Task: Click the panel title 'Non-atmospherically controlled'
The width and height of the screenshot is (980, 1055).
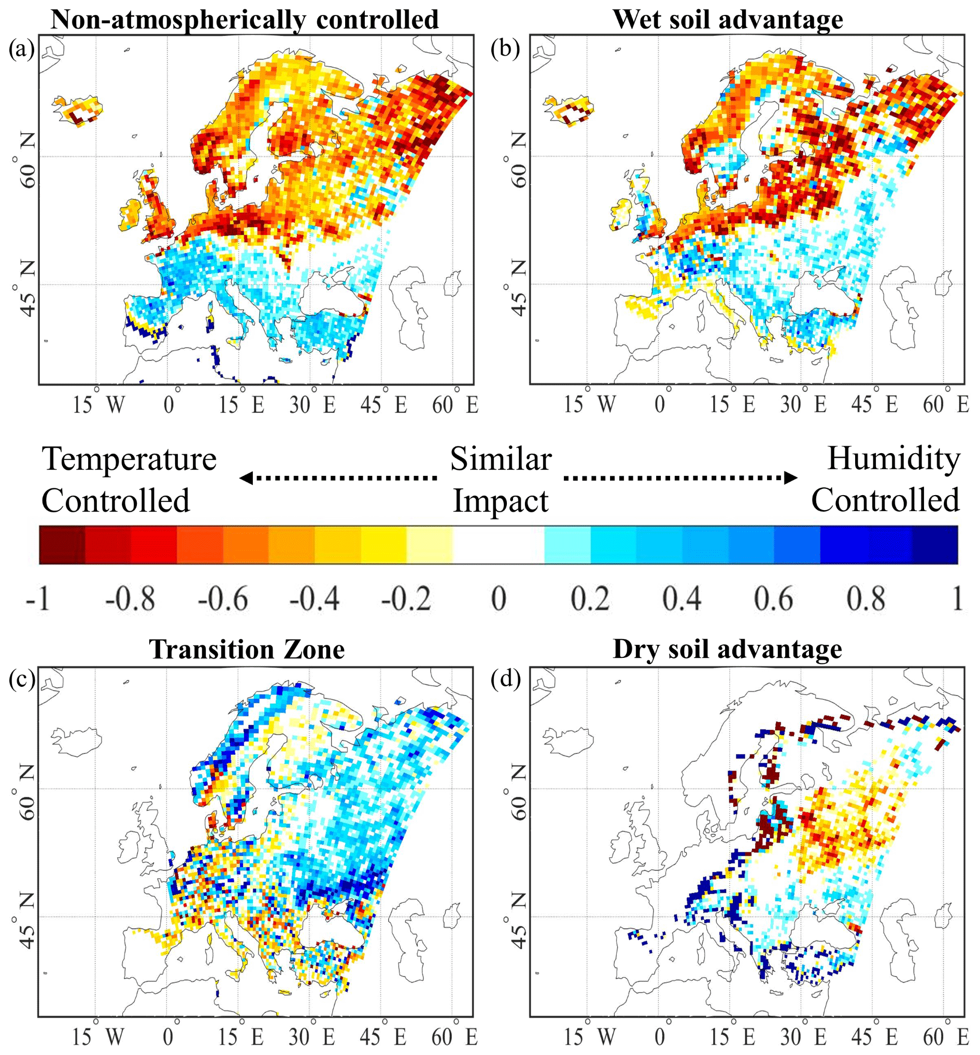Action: pyautogui.click(x=245, y=20)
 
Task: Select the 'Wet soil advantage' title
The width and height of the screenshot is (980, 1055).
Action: pyautogui.click(x=728, y=20)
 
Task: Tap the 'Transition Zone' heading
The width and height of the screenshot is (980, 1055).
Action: pyautogui.click(x=247, y=649)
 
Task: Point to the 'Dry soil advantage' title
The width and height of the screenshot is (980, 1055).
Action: pyautogui.click(x=727, y=649)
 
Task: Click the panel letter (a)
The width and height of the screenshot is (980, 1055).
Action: pyautogui.click(x=21, y=49)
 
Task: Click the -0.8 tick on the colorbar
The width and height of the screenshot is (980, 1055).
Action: pyautogui.click(x=130, y=599)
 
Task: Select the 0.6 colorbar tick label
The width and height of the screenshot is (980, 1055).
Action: pyautogui.click(x=774, y=599)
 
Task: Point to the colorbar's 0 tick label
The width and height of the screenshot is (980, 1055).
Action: pyautogui.click(x=499, y=599)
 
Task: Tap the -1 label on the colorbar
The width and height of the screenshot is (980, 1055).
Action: pyautogui.click(x=38, y=599)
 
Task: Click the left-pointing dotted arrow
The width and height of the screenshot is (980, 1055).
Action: pyautogui.click(x=338, y=478)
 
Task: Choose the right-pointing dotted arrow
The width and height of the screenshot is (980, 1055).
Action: pyautogui.click(x=680, y=478)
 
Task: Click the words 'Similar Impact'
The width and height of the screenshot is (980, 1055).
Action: pyautogui.click(x=501, y=479)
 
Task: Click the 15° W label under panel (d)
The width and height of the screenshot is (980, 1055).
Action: pyautogui.click(x=589, y=1036)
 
